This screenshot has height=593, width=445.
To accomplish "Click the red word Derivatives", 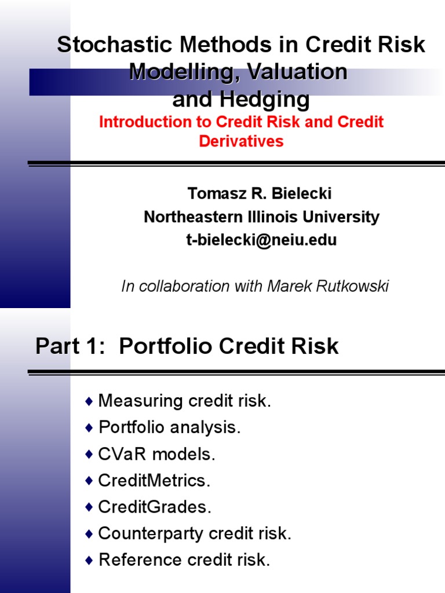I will [241, 141].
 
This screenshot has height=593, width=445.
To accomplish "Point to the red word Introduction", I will [145, 122].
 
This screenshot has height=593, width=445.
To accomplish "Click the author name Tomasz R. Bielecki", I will [259, 194].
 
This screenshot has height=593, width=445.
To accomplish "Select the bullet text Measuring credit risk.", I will [185, 401].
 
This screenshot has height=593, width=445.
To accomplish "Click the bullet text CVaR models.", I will [157, 454].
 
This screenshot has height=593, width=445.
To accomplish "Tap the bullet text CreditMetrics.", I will [155, 481].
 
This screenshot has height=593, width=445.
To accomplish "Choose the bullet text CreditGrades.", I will [155, 507].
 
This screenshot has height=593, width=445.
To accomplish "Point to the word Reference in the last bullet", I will [133, 560].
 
